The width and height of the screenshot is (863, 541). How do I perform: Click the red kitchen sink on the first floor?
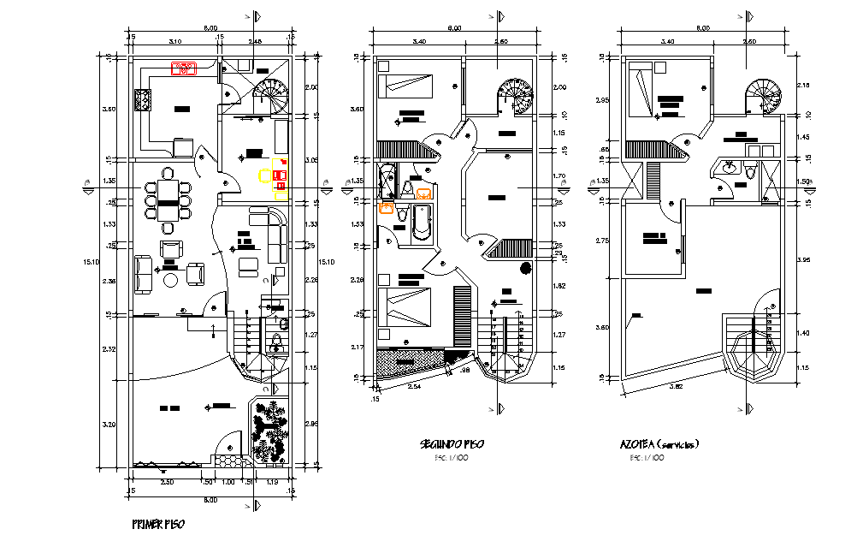(x=184, y=69)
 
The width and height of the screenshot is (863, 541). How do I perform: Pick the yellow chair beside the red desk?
(x=266, y=178)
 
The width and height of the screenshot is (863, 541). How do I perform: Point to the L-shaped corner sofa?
(x=274, y=231)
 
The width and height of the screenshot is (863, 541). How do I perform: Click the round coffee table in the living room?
(x=171, y=280)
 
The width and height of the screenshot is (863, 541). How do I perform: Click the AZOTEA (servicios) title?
(x=659, y=444)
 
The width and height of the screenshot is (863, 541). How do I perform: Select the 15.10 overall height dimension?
(x=98, y=263)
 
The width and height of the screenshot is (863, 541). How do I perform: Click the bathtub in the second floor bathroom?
(x=420, y=222)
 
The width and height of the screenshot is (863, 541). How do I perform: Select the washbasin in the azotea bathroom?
(x=729, y=168)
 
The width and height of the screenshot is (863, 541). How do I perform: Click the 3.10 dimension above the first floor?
(x=174, y=40)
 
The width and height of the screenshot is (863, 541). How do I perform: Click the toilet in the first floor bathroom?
(x=275, y=344)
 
